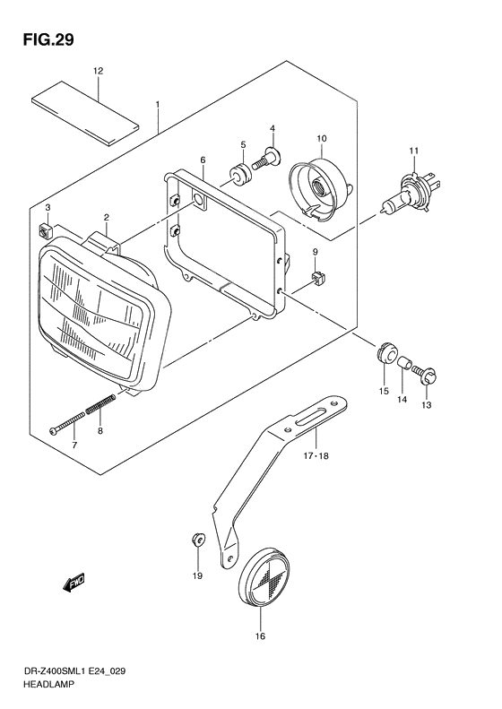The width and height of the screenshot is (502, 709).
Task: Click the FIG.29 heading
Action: [x=48, y=40]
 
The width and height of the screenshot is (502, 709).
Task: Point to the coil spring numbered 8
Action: [x=100, y=403]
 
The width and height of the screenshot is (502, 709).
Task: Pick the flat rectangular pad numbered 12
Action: [x=84, y=113]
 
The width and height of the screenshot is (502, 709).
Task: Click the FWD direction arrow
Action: [x=74, y=583]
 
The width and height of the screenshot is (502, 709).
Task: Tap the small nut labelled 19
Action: [x=198, y=539]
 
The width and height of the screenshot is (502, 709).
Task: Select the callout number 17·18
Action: [x=316, y=455]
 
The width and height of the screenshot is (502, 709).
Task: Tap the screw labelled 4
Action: [x=266, y=159]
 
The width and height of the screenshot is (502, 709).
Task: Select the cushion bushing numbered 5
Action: [x=240, y=174]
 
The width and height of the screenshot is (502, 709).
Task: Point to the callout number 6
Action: [x=203, y=160]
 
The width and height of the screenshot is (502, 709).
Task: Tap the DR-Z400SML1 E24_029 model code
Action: [x=74, y=671]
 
